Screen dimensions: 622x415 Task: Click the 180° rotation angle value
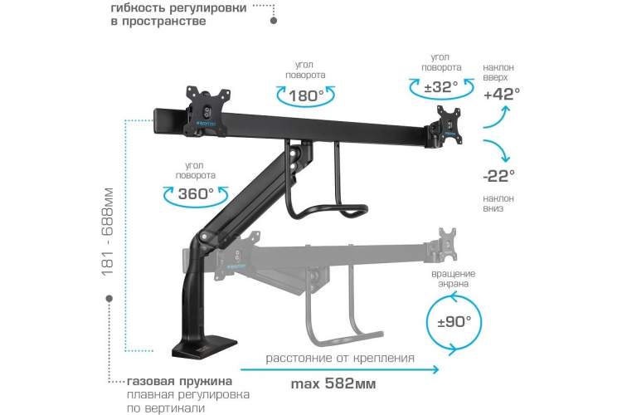306,96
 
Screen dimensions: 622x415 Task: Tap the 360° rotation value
196,193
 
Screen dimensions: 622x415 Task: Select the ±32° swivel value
440,86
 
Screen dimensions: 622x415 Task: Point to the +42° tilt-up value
502,95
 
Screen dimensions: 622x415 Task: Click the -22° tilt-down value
499,175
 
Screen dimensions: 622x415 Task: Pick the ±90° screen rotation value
454,321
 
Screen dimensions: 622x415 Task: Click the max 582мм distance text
333,383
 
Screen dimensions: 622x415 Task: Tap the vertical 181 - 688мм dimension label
107,232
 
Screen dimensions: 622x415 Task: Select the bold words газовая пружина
180,382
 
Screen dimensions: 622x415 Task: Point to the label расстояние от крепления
340,359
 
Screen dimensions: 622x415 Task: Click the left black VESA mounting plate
207,111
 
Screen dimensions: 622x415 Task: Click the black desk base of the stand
204,346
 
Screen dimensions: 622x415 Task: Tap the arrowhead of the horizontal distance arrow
436,369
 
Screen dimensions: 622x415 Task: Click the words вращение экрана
454,278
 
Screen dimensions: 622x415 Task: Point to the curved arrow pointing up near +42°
497,117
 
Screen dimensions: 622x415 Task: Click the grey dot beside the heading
274,21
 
